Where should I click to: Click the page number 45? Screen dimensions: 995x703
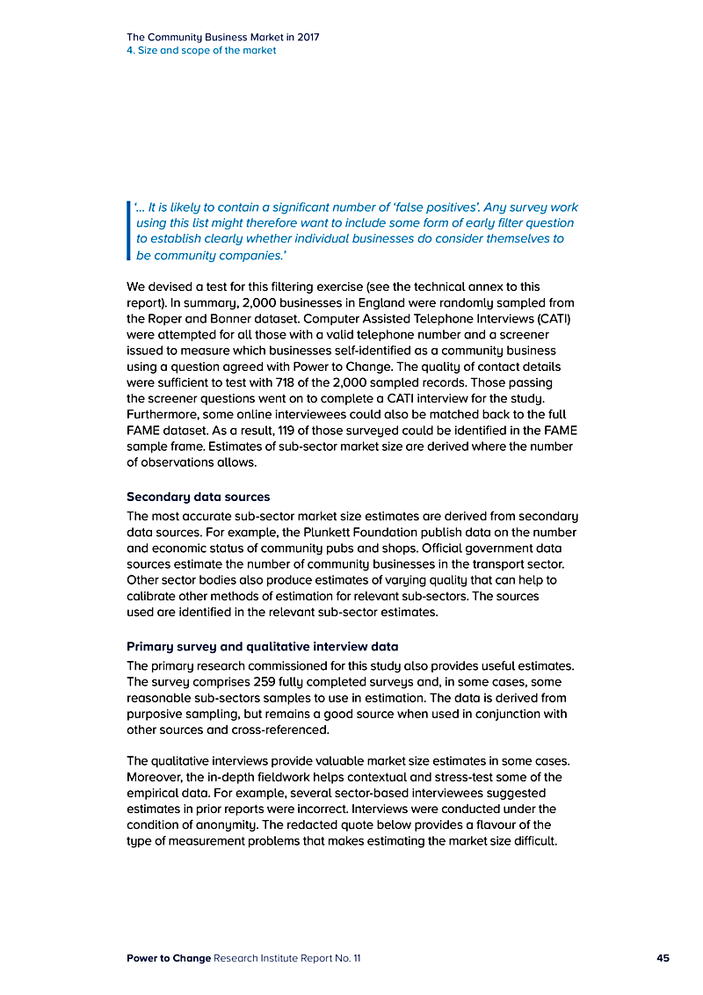[x=663, y=958]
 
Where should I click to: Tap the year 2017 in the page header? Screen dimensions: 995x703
[x=307, y=38]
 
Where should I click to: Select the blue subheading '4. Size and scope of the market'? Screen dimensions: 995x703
[x=201, y=51]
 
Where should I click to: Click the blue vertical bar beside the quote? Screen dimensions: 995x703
[x=129, y=231]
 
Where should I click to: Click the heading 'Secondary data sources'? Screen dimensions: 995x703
[x=198, y=497]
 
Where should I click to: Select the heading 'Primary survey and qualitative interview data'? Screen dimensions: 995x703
[x=262, y=647]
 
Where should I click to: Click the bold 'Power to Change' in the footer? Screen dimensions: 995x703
[x=168, y=958]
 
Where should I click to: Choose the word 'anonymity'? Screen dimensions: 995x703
[x=231, y=824]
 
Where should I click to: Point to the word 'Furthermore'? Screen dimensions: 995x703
[x=163, y=414]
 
